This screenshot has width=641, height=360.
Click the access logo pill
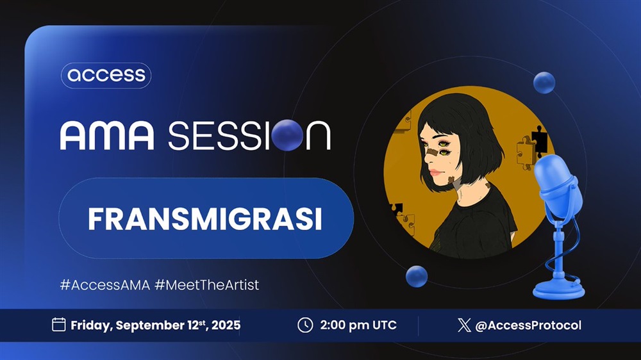[x=106, y=75]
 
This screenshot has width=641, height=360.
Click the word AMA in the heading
[x=107, y=135]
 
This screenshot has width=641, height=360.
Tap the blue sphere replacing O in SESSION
[x=287, y=135]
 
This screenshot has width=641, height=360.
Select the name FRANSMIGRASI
[x=205, y=219]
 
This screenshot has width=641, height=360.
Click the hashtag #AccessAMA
[x=105, y=284]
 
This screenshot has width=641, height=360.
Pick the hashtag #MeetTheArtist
[x=207, y=284]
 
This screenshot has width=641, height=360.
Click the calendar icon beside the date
[x=59, y=325]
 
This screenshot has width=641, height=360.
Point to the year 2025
[x=226, y=325]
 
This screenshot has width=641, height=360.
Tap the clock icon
[x=305, y=325]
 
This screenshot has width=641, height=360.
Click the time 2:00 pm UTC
[x=358, y=325]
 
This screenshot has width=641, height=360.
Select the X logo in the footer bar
[x=464, y=325]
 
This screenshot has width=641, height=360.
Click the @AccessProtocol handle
[x=528, y=325]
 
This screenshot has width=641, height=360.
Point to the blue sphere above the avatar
[x=544, y=83]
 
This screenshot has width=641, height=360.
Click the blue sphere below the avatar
[x=417, y=276]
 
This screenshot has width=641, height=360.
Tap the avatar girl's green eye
[x=443, y=144]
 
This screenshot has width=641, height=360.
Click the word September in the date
[x=150, y=325]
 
